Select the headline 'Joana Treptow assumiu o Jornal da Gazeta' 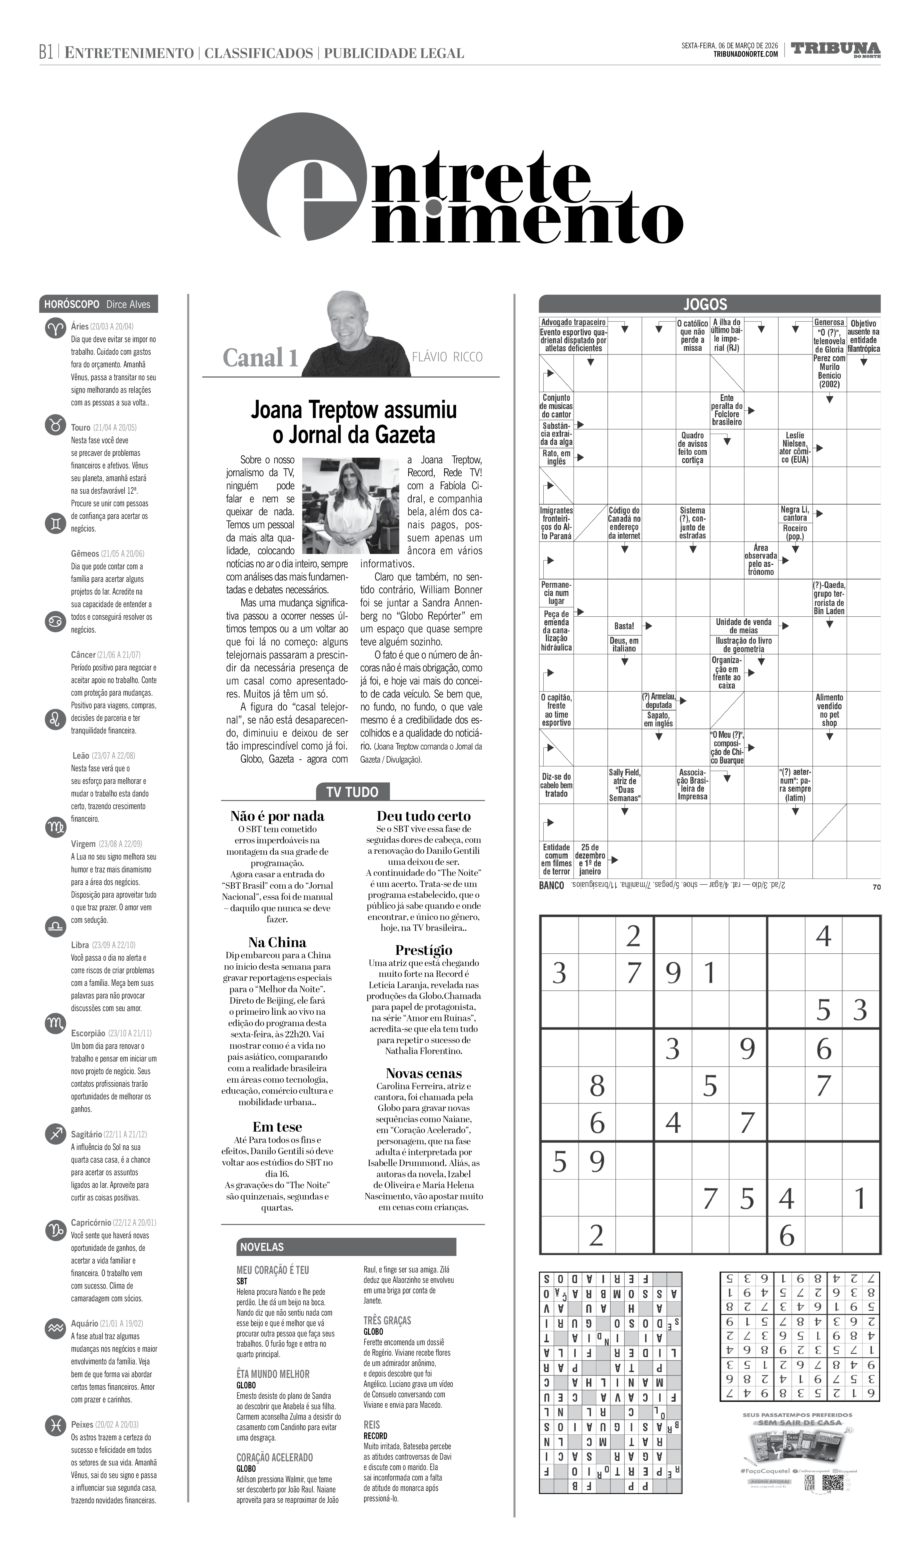point(354,422)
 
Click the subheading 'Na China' point(277,942)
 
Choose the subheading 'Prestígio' point(424,950)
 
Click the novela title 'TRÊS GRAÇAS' point(387,1320)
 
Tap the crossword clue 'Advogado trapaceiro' point(573,322)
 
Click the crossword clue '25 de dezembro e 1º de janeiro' point(590,859)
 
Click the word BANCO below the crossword point(551,886)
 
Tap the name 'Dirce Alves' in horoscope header point(128,304)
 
